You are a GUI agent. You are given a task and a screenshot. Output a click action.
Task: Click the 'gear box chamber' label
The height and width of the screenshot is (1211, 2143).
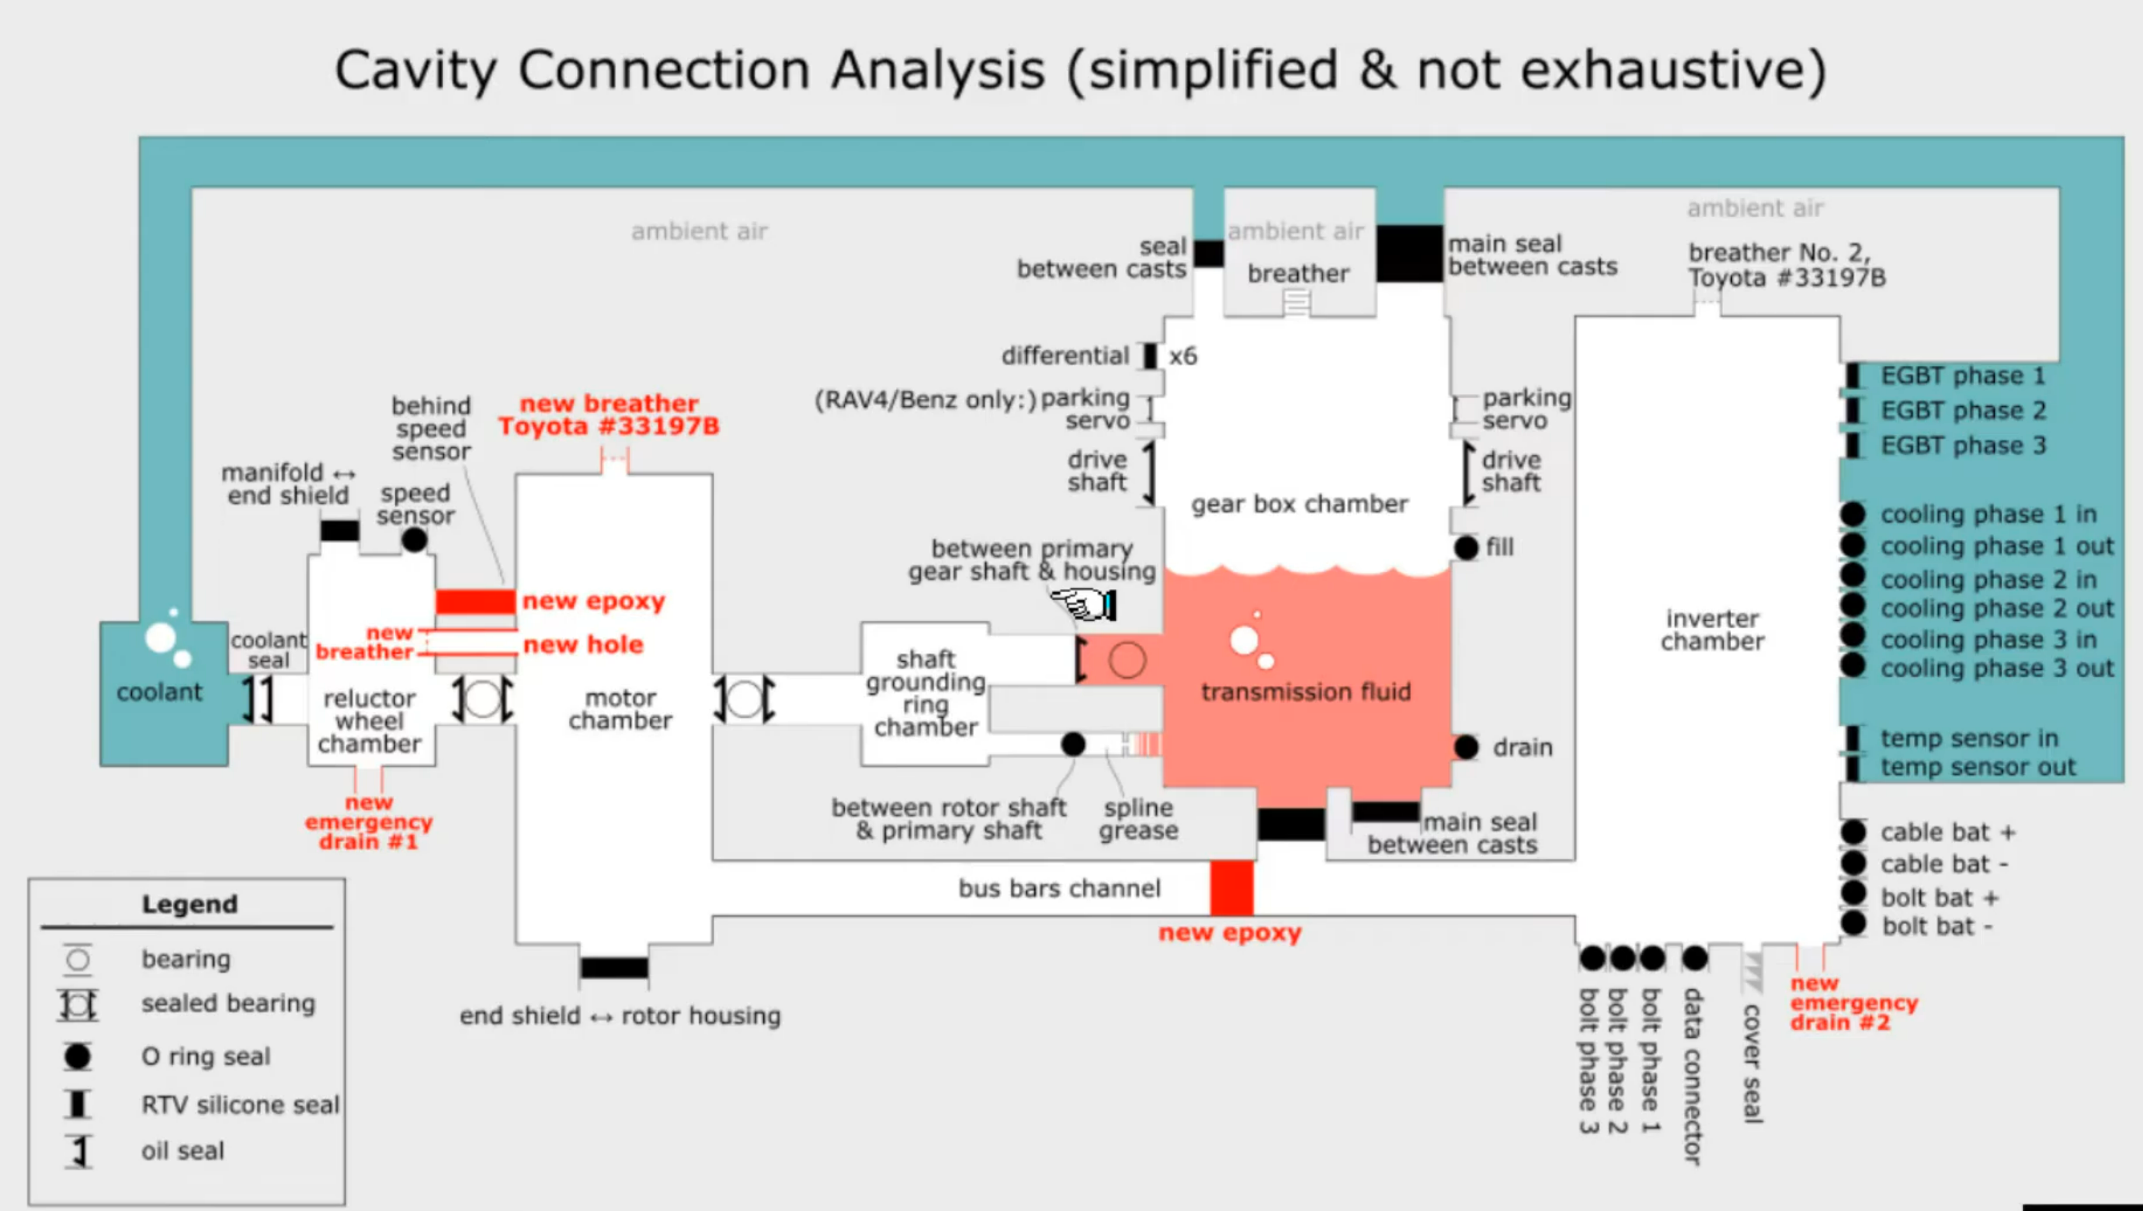pyautogui.click(x=1300, y=504)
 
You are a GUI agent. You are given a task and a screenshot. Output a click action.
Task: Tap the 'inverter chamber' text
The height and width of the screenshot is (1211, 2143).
pyautogui.click(x=1712, y=630)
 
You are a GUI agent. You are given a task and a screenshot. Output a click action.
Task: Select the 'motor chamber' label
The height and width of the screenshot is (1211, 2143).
pyautogui.click(x=620, y=709)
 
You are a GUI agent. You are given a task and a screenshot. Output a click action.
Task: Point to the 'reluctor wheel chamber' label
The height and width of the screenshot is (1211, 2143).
pyautogui.click(x=369, y=721)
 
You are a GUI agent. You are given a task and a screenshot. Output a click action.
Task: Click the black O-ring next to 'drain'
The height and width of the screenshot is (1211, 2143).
pyautogui.click(x=1467, y=747)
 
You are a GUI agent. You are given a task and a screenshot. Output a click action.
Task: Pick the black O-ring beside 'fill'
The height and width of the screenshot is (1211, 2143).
pyautogui.click(x=1467, y=547)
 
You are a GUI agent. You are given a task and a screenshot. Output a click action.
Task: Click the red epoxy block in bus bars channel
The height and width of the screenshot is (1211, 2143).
pyautogui.click(x=1231, y=887)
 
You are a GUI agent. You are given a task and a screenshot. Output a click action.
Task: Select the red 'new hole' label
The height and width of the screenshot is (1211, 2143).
pyautogui.click(x=582, y=644)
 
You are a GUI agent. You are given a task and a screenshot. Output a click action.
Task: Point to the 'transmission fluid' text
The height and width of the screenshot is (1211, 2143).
pyautogui.click(x=1305, y=692)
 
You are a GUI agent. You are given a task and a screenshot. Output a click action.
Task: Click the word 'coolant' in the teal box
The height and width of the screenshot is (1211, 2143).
pyautogui.click(x=159, y=692)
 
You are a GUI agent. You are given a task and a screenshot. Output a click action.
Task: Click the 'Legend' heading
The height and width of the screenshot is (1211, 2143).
pyautogui.click(x=190, y=904)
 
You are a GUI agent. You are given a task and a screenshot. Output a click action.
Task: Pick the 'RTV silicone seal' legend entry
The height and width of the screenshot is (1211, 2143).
pyautogui.click(x=239, y=1105)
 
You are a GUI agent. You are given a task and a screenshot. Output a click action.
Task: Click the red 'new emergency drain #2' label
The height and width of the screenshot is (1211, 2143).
pyautogui.click(x=1853, y=1003)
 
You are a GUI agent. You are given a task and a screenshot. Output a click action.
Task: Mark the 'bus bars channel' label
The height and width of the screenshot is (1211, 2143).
pyautogui.click(x=1059, y=888)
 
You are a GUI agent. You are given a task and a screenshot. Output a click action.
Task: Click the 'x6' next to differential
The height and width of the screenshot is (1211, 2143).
pyautogui.click(x=1183, y=356)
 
